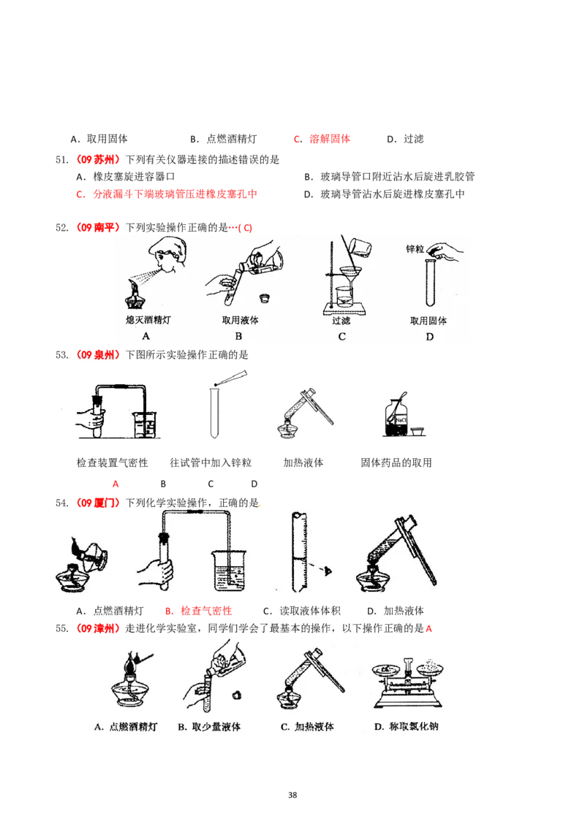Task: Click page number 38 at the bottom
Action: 292,795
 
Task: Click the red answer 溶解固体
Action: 330,139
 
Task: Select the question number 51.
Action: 61,160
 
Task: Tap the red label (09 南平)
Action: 96,227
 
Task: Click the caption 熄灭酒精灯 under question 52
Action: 148,319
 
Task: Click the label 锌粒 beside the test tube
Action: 415,248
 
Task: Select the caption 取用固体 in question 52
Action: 429,321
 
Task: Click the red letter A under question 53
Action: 116,484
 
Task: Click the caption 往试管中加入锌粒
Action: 211,462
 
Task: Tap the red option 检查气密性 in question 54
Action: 206,611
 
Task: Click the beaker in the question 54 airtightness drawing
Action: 230,571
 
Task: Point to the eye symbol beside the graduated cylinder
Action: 328,571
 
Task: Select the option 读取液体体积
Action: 310,611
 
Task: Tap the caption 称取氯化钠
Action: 413,726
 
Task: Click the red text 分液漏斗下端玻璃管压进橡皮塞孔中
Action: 175,194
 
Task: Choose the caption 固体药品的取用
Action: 396,462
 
